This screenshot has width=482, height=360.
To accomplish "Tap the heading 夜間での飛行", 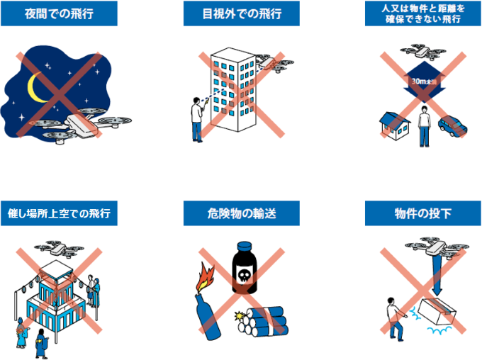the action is tap(59, 14).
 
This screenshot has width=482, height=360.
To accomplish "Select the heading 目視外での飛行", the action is tap(242, 14).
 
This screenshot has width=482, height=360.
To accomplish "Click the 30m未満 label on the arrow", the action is tap(424, 81).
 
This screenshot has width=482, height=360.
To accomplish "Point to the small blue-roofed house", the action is tap(394, 125).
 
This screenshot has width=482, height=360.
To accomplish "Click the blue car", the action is tap(452, 125).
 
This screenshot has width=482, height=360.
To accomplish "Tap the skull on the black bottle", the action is tap(245, 275).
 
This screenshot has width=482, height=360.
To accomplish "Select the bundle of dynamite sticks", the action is tap(264, 321).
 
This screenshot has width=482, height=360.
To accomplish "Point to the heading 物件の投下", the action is tap(422, 213).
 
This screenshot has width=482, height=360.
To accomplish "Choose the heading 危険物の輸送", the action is tap(242, 213).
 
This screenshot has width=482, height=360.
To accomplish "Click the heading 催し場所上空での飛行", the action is tap(59, 213).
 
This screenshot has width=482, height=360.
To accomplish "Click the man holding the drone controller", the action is tap(197, 120).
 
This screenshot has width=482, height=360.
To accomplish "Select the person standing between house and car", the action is tap(424, 126).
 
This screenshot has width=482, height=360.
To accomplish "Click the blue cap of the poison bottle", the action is tap(245, 246).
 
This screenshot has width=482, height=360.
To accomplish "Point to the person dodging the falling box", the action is tap(396, 319).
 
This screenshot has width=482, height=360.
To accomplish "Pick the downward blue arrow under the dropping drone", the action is tap(437, 275).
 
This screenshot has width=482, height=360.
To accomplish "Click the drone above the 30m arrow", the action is tap(423, 51).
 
